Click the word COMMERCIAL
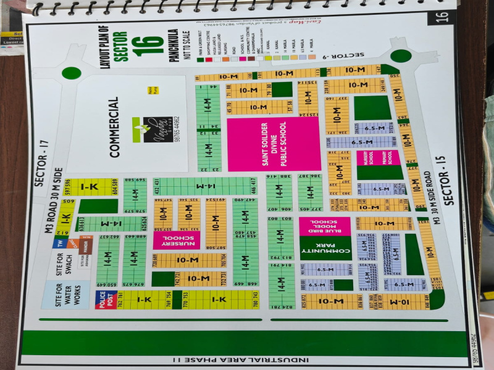coord(114,128)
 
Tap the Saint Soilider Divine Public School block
coord(274,144)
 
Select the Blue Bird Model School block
coord(325,226)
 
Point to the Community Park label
coord(325,247)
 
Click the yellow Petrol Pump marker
coord(148,89)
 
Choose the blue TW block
coord(60,242)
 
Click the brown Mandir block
coord(86,245)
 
